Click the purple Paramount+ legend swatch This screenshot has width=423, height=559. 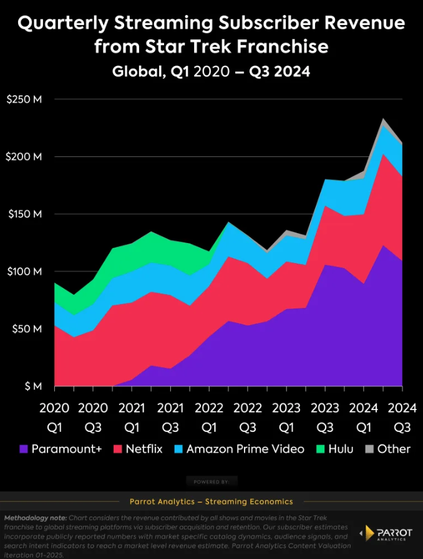coord(24,449)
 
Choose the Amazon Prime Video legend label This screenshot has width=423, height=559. coord(245,449)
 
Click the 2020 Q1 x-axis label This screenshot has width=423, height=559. coord(55,418)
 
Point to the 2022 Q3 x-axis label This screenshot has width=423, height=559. coord(248,418)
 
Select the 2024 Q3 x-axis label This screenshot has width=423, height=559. coord(402,418)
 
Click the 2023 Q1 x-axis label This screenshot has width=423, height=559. coord(286,418)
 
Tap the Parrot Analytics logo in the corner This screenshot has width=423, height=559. coord(386,533)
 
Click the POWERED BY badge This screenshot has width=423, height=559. coord(211,482)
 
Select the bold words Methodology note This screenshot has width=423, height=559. coord(35,518)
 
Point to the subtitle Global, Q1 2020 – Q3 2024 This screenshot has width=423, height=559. coord(211,72)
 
